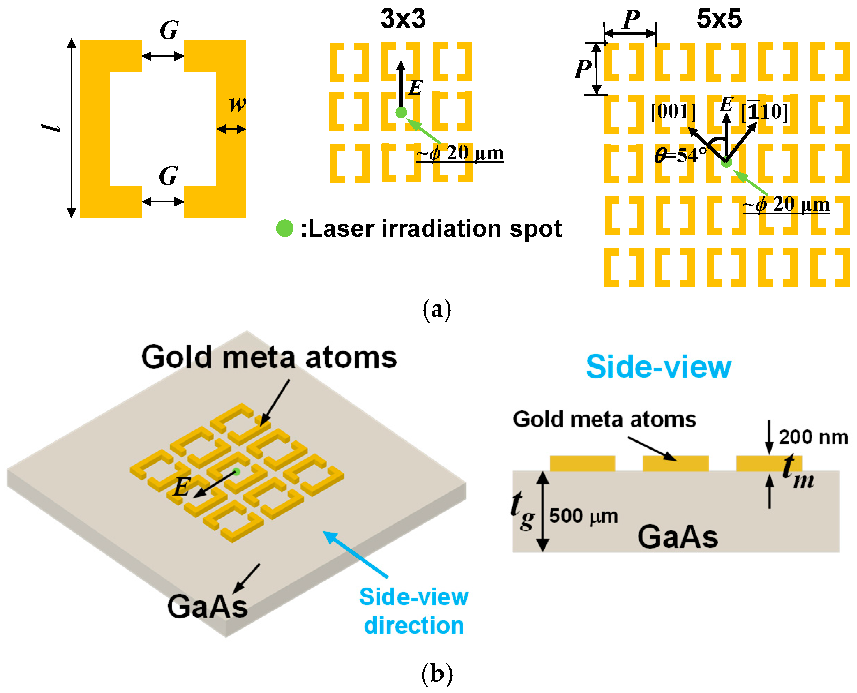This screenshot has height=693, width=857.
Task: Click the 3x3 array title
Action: (403, 19)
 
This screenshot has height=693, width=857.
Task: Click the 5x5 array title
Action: (719, 19)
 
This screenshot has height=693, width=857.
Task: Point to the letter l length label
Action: (51, 128)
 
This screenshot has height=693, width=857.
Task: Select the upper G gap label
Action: (169, 30)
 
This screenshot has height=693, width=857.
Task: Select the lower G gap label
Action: (168, 176)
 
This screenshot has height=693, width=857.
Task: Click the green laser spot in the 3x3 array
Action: (401, 113)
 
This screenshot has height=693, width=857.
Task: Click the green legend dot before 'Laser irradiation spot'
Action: (285, 228)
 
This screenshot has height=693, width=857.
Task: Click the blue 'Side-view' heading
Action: (658, 367)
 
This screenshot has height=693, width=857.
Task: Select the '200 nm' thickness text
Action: (813, 437)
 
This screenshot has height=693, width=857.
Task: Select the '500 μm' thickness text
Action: (583, 516)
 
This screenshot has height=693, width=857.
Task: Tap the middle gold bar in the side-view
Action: (676, 464)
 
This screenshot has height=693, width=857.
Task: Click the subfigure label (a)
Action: (437, 309)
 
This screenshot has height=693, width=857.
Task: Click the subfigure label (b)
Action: (437, 674)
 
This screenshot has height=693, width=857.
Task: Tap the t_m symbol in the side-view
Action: (797, 473)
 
